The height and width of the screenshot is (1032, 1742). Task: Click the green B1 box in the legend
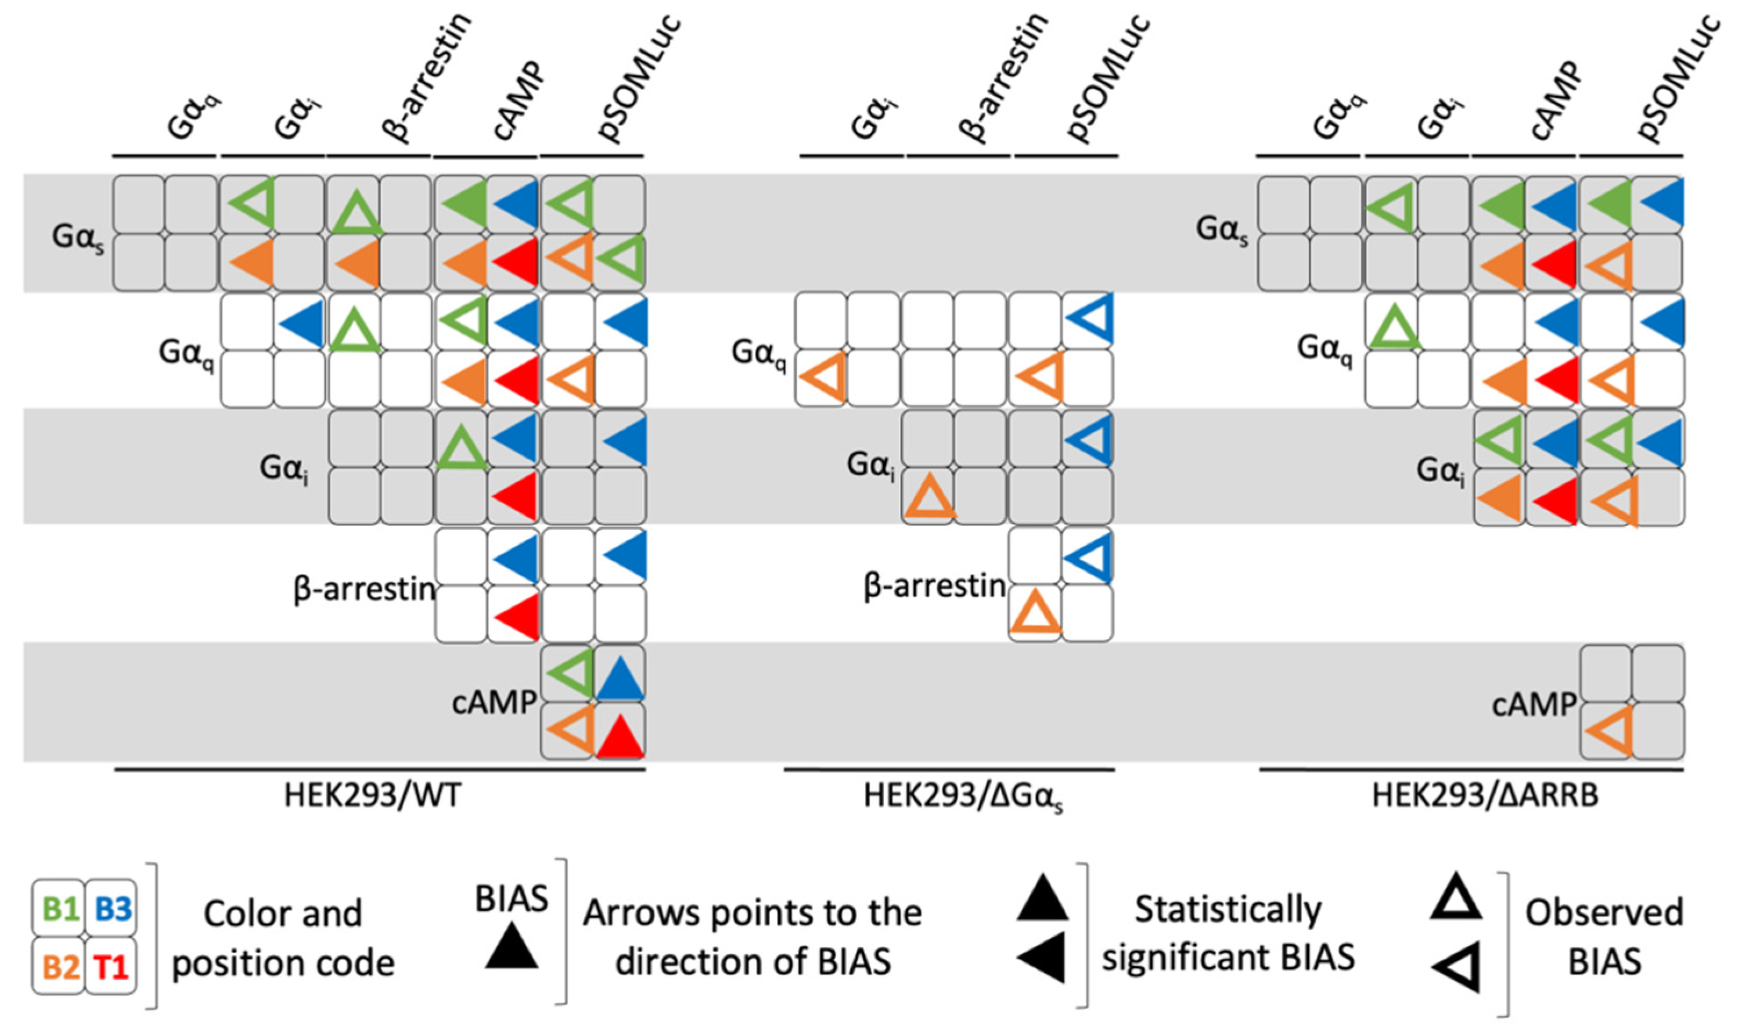pyautogui.click(x=59, y=908)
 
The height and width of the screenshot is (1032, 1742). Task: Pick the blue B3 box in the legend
pyautogui.click(x=112, y=908)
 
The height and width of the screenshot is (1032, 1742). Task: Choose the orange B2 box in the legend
pyautogui.click(x=59, y=966)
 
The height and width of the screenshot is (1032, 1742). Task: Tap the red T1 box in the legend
pyautogui.click(x=112, y=966)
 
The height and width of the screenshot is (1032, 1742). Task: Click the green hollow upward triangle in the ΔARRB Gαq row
pyautogui.click(x=1392, y=328)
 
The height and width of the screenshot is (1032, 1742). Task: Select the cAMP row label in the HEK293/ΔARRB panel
pyautogui.click(x=1534, y=705)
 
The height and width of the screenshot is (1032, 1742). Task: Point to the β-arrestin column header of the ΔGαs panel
pyautogui.click(x=1001, y=77)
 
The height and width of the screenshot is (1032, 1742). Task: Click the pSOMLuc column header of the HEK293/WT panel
pyautogui.click(x=639, y=77)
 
